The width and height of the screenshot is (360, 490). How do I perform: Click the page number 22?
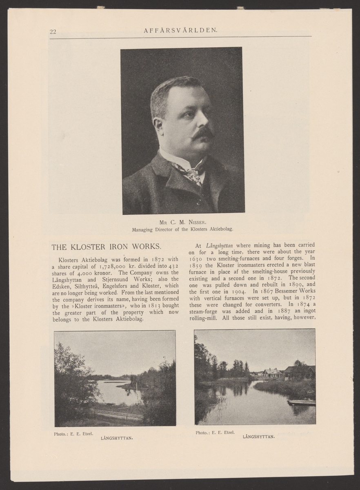(x=53, y=31)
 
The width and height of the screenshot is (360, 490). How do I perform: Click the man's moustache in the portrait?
(x=203, y=133)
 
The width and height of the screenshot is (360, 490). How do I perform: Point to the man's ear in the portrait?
(x=158, y=124)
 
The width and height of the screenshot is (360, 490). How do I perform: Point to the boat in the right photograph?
(x=301, y=403)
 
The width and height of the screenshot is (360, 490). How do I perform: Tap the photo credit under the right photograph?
(x=215, y=432)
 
